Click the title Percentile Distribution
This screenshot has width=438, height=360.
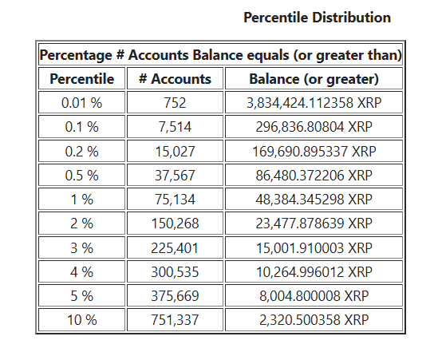(317, 17)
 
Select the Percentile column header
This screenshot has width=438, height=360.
(81, 79)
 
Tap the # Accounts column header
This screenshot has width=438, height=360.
(175, 79)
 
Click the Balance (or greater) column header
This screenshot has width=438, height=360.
(314, 79)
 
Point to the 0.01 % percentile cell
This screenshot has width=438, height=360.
(81, 103)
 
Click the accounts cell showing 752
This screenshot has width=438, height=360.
(175, 103)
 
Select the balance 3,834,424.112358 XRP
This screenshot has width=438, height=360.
(314, 103)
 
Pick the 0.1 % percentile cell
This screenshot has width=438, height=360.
(81, 127)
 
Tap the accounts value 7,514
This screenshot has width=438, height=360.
(175, 127)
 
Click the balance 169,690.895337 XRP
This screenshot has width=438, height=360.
(314, 151)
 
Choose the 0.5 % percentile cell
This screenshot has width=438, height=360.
(81, 175)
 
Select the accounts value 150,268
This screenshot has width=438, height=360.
(175, 224)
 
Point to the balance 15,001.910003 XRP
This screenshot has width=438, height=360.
(314, 247)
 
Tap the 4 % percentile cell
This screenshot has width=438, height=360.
(81, 272)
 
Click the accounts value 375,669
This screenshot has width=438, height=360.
(175, 296)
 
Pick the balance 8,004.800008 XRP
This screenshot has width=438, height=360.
(314, 296)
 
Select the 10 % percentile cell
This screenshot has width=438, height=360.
(81, 320)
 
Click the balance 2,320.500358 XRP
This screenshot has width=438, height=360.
(314, 320)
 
